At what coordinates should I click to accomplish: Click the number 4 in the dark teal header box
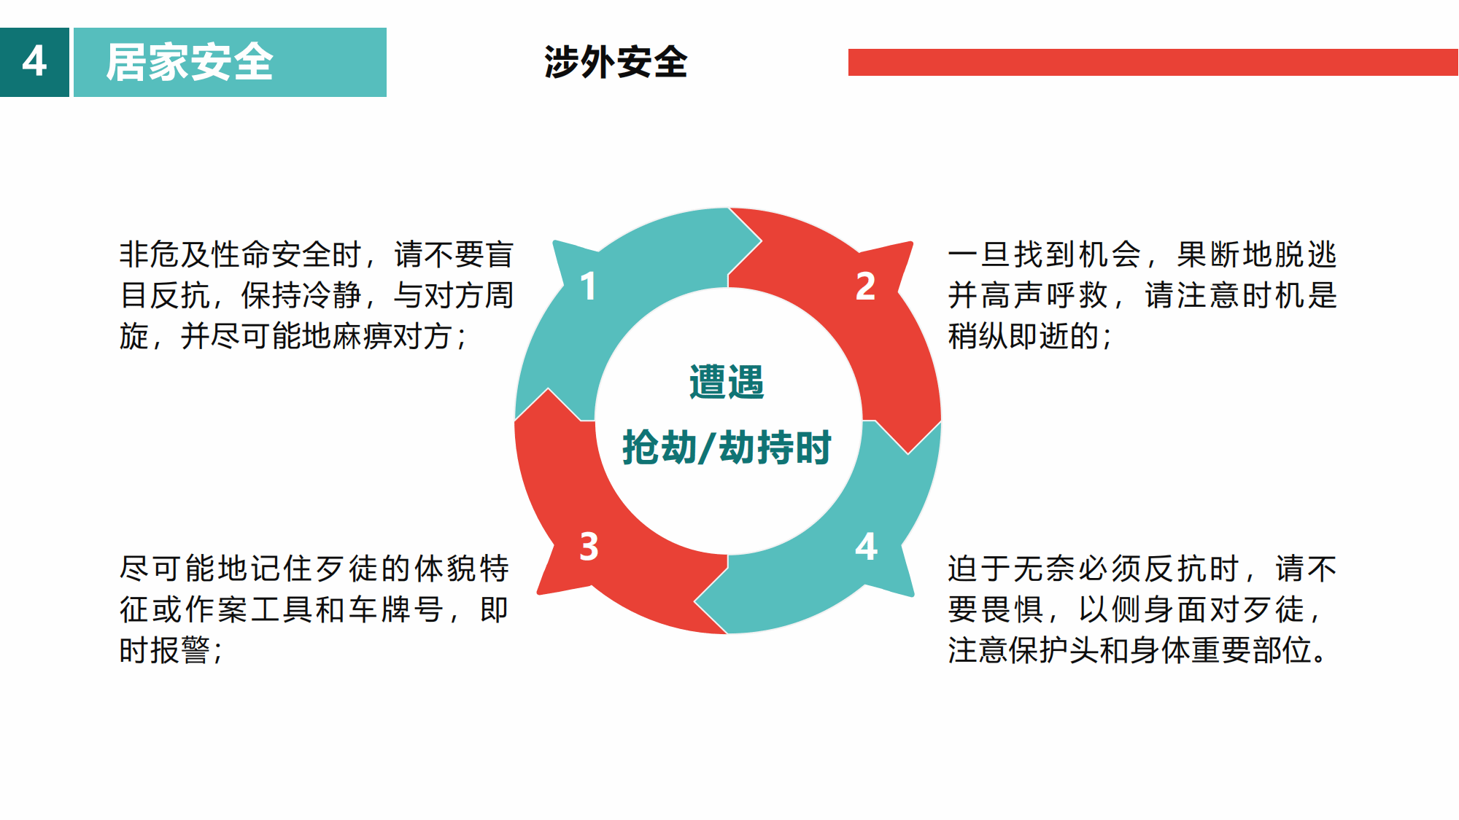[34, 61]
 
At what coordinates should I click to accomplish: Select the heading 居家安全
[190, 62]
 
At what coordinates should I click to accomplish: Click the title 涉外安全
[616, 62]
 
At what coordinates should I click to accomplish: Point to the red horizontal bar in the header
[1153, 62]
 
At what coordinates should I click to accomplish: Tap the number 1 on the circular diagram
[588, 286]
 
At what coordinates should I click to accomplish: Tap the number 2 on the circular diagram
[865, 286]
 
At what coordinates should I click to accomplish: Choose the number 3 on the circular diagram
[589, 547]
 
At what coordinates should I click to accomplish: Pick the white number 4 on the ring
[866, 547]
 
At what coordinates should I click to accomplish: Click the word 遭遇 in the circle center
[727, 382]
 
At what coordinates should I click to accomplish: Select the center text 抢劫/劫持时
[727, 447]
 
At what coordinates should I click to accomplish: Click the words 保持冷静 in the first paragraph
[301, 295]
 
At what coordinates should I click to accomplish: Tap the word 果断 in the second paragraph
[1210, 254]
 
